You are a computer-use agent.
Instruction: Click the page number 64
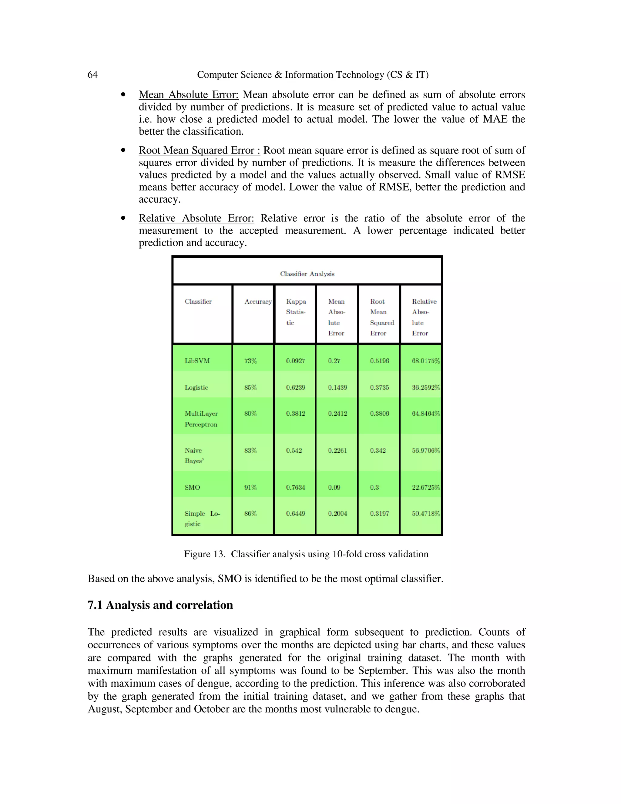(92, 75)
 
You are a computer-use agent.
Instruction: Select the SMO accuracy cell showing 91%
(250, 488)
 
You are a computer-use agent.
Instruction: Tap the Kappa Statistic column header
(296, 312)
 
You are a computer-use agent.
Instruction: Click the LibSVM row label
(197, 361)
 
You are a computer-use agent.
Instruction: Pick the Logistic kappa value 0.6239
(296, 387)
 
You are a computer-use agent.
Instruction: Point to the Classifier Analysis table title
(307, 274)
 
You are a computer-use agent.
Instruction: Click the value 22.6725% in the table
(426, 488)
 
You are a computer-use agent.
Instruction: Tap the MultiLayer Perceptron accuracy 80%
(250, 414)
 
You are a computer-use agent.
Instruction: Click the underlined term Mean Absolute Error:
(188, 95)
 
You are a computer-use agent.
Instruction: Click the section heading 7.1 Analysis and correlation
(160, 605)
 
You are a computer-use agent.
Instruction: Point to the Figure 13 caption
(306, 554)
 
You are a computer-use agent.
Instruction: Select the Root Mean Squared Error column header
(381, 317)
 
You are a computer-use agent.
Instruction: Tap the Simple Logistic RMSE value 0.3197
(379, 514)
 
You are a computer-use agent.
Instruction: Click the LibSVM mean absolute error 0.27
(334, 361)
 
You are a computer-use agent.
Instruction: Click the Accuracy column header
(258, 302)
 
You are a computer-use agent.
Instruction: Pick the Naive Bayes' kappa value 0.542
(294, 450)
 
